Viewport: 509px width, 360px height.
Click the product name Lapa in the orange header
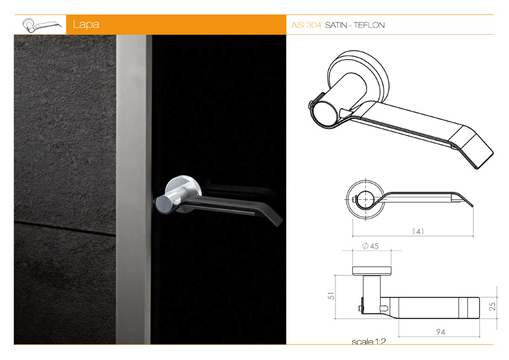[86, 25]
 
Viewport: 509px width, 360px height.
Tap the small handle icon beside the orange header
[42, 25]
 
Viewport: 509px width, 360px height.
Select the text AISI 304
[306, 26]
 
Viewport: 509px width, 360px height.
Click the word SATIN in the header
[336, 26]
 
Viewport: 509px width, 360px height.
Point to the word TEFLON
[369, 26]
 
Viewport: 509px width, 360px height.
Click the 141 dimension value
[418, 232]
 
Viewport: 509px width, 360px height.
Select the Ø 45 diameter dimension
[370, 246]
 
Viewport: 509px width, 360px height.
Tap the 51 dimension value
[331, 296]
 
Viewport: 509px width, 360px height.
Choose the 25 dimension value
[492, 306]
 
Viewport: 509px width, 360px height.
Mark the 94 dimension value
[441, 332]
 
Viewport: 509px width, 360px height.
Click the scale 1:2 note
[369, 341]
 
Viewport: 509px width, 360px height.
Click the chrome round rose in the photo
[183, 190]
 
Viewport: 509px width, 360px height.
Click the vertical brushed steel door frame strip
[133, 189]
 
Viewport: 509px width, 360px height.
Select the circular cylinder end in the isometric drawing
[325, 113]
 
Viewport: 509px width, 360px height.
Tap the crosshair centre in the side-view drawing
[365, 199]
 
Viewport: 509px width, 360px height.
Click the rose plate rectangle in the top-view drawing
[371, 272]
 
